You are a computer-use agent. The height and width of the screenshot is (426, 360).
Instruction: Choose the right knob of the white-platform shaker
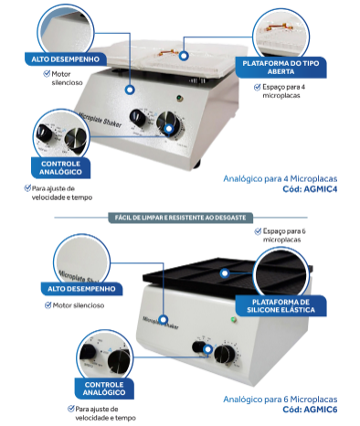(x=168, y=123)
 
